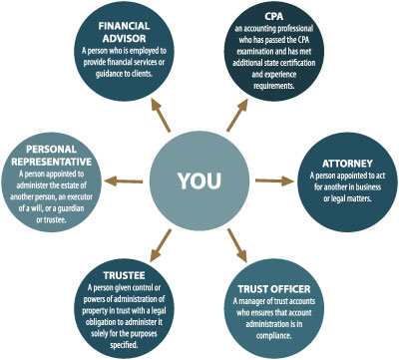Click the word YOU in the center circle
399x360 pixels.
199,180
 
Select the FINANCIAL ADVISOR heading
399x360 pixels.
124,32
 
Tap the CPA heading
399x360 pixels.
274,16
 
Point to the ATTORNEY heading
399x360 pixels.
347,164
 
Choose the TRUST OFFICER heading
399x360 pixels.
274,289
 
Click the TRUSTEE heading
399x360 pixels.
124,275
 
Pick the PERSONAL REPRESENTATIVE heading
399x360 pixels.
52,156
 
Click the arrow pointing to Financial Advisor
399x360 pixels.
160,114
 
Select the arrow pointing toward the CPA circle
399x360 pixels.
237,114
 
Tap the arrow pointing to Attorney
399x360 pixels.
274,180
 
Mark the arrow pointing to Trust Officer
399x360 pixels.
237,245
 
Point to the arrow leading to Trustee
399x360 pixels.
161,245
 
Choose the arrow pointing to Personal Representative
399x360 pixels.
124,181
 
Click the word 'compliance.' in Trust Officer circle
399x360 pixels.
273,336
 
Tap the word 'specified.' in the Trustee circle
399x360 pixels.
124,345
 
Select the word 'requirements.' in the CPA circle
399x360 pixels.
274,86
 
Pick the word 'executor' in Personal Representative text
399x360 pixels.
80,197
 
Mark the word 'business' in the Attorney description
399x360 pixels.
368,186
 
